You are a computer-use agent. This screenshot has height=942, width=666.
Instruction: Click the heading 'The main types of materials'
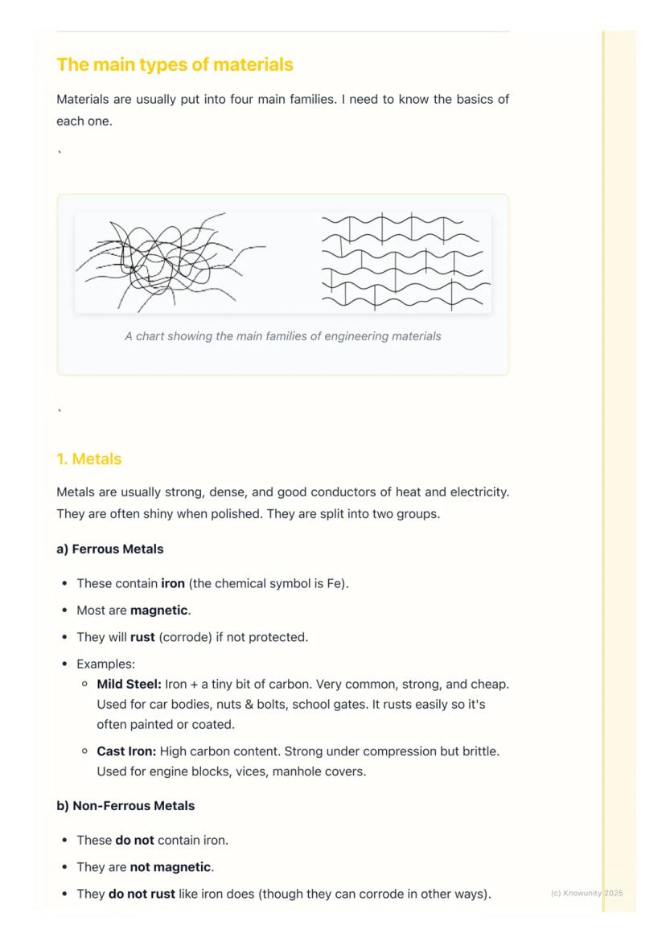(175, 64)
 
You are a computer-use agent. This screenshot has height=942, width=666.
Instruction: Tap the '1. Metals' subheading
(88, 459)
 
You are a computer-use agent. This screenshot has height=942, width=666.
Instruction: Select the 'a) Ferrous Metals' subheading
(109, 549)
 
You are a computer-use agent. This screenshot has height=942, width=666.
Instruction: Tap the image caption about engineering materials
(282, 336)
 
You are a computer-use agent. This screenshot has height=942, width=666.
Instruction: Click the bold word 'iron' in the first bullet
(173, 584)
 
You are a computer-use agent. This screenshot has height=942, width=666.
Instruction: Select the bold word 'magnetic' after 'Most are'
(158, 611)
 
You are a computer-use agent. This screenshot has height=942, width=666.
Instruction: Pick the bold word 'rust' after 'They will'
(142, 638)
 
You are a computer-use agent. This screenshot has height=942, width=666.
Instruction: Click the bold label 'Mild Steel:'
(129, 685)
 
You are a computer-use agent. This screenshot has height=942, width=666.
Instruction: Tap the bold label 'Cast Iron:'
(126, 751)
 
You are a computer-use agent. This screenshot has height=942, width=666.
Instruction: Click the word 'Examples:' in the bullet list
(105, 664)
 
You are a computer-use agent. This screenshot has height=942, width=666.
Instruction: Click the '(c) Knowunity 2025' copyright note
(586, 894)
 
